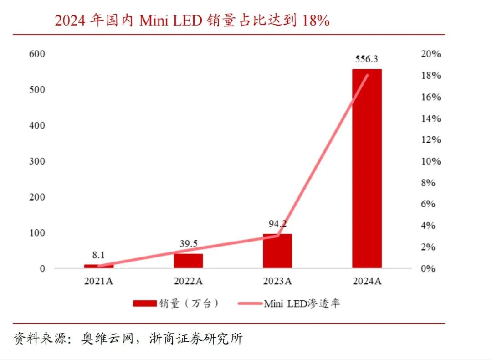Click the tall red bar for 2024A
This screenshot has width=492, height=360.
367,169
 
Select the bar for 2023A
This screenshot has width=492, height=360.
277,251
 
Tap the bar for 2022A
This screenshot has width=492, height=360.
188,261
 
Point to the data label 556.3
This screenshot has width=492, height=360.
366,59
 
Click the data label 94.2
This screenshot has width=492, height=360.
277,224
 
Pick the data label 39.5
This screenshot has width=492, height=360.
188,244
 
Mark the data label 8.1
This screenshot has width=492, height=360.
99,255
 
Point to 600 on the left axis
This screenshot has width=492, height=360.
37,54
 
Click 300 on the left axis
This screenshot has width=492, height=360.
37,161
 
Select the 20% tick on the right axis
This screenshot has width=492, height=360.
430,54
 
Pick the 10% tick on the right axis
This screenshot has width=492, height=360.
430,161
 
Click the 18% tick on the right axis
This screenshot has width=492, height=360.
430,75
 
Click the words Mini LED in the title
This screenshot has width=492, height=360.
170,21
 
